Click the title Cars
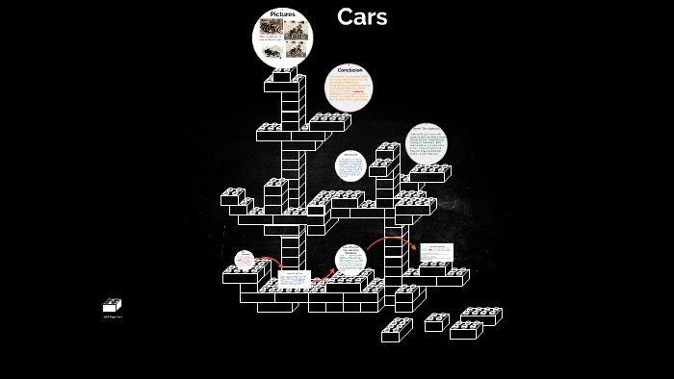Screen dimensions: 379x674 (x=362, y=17)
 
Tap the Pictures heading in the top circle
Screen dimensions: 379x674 (x=283, y=14)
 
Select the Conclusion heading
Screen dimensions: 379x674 (x=350, y=70)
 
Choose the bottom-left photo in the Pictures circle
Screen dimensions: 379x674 (x=272, y=49)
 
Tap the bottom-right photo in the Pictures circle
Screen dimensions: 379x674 (x=296, y=49)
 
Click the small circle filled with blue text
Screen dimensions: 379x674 (x=350, y=165)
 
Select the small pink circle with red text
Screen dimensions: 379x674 (x=245, y=260)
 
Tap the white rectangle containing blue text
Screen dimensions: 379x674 (x=295, y=279)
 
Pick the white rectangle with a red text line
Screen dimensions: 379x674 (x=436, y=252)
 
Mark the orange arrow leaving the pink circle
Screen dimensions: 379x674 (x=269, y=261)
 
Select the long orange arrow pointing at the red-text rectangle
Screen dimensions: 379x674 (x=391, y=240)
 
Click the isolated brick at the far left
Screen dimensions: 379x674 (x=112, y=305)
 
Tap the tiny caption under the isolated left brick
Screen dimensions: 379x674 (x=113, y=316)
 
